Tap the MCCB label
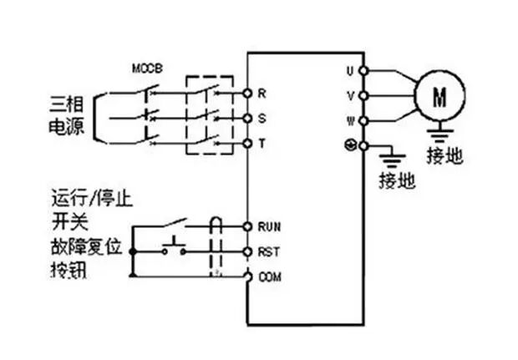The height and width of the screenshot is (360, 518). pyautogui.click(x=147, y=67)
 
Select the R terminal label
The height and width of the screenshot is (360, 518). pyautogui.click(x=262, y=91)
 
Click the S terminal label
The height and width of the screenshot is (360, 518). pyautogui.click(x=262, y=118)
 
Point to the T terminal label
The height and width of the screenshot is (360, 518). pyautogui.click(x=262, y=145)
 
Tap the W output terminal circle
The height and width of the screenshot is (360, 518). pyautogui.click(x=363, y=120)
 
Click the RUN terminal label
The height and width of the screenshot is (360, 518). pyautogui.click(x=268, y=226)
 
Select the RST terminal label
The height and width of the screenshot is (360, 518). pyautogui.click(x=268, y=251)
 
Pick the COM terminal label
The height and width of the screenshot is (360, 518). pyautogui.click(x=268, y=276)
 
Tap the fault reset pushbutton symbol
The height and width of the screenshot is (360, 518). pyautogui.click(x=175, y=246)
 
